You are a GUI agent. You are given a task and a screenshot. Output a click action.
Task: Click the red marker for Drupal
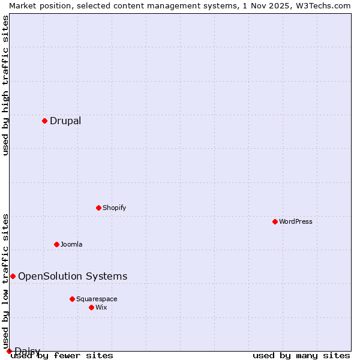pyautogui.click(x=44, y=121)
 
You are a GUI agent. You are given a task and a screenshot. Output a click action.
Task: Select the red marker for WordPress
pyautogui.click(x=275, y=221)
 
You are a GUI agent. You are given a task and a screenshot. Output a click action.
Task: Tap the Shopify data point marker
pyautogui.click(x=98, y=208)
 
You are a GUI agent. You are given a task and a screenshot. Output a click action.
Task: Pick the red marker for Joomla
pyautogui.click(x=56, y=244)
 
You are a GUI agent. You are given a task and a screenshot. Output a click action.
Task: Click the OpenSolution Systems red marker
pyautogui.click(x=13, y=276)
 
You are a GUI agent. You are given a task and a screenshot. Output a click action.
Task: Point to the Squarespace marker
pyautogui.click(x=72, y=299)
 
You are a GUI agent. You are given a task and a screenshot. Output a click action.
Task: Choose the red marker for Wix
pyautogui.click(x=91, y=307)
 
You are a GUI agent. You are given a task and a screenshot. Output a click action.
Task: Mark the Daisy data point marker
pyautogui.click(x=9, y=351)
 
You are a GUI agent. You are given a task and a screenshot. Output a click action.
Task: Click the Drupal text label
pyautogui.click(x=65, y=121)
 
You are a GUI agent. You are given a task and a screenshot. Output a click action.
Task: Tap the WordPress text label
pyautogui.click(x=296, y=221)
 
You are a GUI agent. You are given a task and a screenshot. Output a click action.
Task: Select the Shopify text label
pyautogui.click(x=114, y=208)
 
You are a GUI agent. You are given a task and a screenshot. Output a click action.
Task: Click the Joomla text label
pyautogui.click(x=71, y=244)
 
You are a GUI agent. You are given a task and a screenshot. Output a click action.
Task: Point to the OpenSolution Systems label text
pyautogui.click(x=73, y=277)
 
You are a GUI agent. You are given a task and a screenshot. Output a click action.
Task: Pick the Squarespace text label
pyautogui.click(x=97, y=299)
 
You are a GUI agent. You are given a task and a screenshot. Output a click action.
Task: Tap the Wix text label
pyautogui.click(x=101, y=307)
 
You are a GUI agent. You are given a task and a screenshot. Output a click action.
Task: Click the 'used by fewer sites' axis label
pyautogui.click(x=62, y=355)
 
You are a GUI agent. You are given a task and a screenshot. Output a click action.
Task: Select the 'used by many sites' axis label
pyautogui.click(x=301, y=355)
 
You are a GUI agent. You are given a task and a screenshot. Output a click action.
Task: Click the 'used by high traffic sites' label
pyautogui.click(x=5, y=85)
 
